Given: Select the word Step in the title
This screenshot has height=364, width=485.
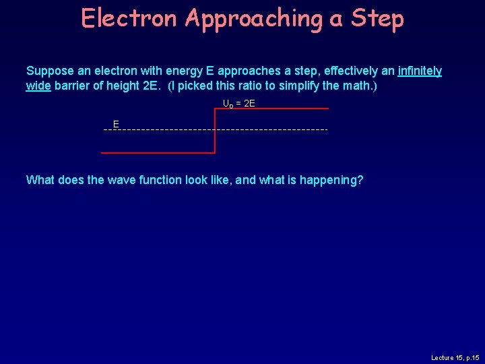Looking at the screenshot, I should [x=377, y=20].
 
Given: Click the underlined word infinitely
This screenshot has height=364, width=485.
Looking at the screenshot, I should [x=420, y=71].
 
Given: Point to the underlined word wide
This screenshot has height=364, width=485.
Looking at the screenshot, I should [x=38, y=86].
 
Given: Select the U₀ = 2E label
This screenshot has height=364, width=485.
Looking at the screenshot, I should [x=239, y=103].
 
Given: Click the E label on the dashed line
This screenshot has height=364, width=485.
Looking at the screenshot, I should [x=116, y=124].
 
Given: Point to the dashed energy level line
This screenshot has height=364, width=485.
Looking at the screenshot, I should [x=269, y=129].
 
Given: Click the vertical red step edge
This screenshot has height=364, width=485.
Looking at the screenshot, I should [x=214, y=130].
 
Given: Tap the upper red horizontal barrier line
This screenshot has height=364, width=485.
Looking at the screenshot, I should [x=271, y=109].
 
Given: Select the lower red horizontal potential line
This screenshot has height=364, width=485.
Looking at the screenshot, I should [x=158, y=153].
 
